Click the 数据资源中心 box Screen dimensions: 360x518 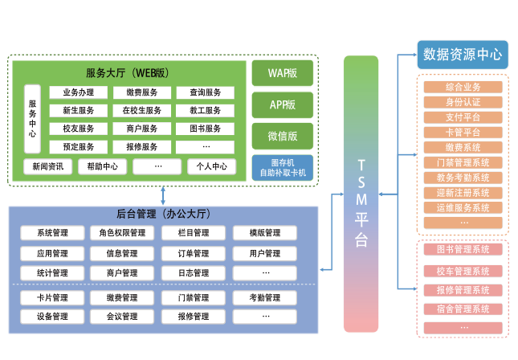point(462,55)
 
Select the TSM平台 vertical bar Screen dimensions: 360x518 point(361,193)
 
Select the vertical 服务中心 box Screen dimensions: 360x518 point(32,119)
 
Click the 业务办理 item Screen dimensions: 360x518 point(78,92)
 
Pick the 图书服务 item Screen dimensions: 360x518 point(206,129)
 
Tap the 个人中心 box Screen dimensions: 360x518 point(206,167)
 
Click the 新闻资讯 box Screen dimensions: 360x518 point(48,167)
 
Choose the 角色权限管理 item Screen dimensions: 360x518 point(122,233)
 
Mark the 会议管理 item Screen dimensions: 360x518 point(122,317)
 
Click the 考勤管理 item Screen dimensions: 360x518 point(265,298)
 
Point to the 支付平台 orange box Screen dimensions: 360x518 point(463,117)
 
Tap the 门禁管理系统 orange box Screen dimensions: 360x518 point(463,163)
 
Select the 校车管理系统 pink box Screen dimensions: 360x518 point(463,271)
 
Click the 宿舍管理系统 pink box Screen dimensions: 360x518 point(463,309)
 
